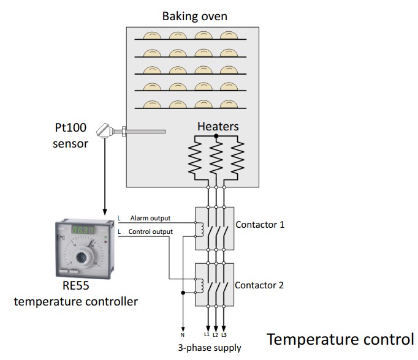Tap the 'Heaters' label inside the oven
click(x=218, y=127)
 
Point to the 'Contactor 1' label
click(x=260, y=225)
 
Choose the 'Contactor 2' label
click(x=259, y=285)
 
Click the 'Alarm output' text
click(x=150, y=218)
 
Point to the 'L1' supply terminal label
click(x=207, y=334)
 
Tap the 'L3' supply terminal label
click(x=224, y=334)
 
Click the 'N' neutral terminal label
click(x=182, y=335)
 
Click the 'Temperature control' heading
click(x=340, y=339)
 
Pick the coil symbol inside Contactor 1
click(x=199, y=228)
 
